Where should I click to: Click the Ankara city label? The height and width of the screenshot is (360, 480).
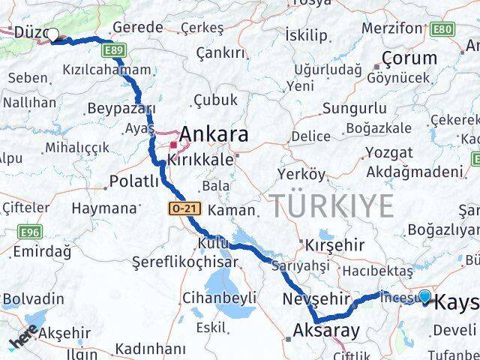coord(214,135)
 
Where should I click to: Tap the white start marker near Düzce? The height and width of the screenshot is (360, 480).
coord(52,34)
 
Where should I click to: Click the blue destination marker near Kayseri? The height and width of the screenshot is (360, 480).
coord(425,297)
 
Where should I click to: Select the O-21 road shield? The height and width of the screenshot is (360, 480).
coord(181,207)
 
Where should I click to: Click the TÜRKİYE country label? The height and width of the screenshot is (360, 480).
coord(331,205)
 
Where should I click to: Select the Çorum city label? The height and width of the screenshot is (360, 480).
coord(409,58)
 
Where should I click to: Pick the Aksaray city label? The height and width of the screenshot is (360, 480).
coord(325,330)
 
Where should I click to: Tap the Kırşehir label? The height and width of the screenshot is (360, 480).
coord(335,244)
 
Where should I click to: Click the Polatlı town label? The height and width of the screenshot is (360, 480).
coord(133,181)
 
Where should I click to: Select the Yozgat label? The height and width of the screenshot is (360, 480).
coord(388,152)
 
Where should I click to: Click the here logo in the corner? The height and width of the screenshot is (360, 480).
coord(22,341)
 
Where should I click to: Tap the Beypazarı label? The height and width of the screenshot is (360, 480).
coord(120,109)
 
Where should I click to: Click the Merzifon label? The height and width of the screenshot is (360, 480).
coord(391,27)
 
